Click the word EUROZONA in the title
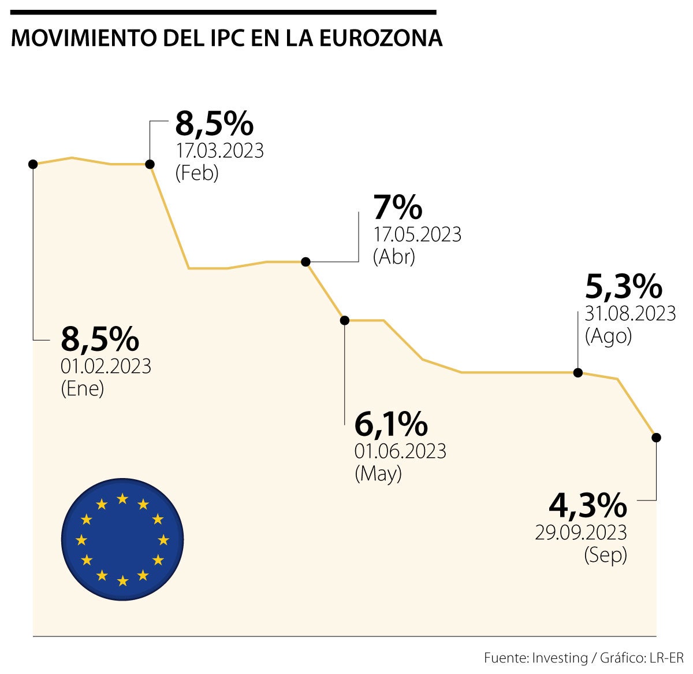point(381,38)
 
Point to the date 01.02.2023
point(106,366)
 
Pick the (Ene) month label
point(82,388)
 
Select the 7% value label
point(398,208)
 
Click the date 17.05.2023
point(417,235)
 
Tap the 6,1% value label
point(391,425)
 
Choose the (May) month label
point(378,473)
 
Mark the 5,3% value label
point(624,286)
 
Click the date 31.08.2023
point(630,313)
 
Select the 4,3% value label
point(587,506)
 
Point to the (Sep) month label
point(605,555)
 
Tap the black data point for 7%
point(306,262)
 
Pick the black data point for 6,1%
point(345,320)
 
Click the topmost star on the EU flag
point(122,498)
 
